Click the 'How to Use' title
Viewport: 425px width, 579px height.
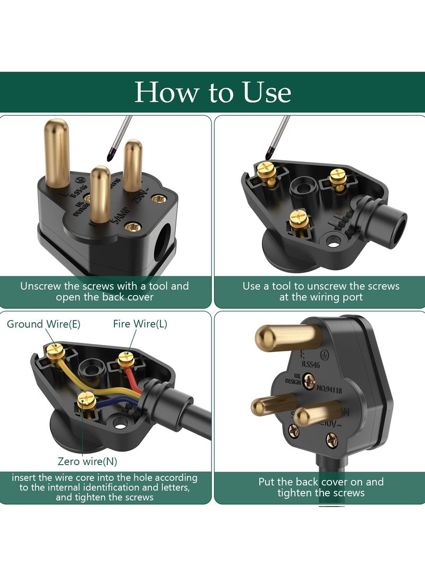[212, 92]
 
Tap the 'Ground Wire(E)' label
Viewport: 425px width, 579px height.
[44, 324]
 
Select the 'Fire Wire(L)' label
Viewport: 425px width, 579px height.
[140, 324]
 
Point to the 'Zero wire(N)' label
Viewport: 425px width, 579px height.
[88, 461]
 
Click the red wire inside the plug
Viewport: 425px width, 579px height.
[131, 380]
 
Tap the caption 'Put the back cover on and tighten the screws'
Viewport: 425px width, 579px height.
[321, 487]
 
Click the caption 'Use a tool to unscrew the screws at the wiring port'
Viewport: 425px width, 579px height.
[321, 291]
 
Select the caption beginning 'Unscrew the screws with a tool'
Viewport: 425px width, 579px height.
[105, 291]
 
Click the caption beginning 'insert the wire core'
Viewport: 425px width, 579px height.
[105, 487]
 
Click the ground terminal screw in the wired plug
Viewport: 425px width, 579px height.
[54, 350]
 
